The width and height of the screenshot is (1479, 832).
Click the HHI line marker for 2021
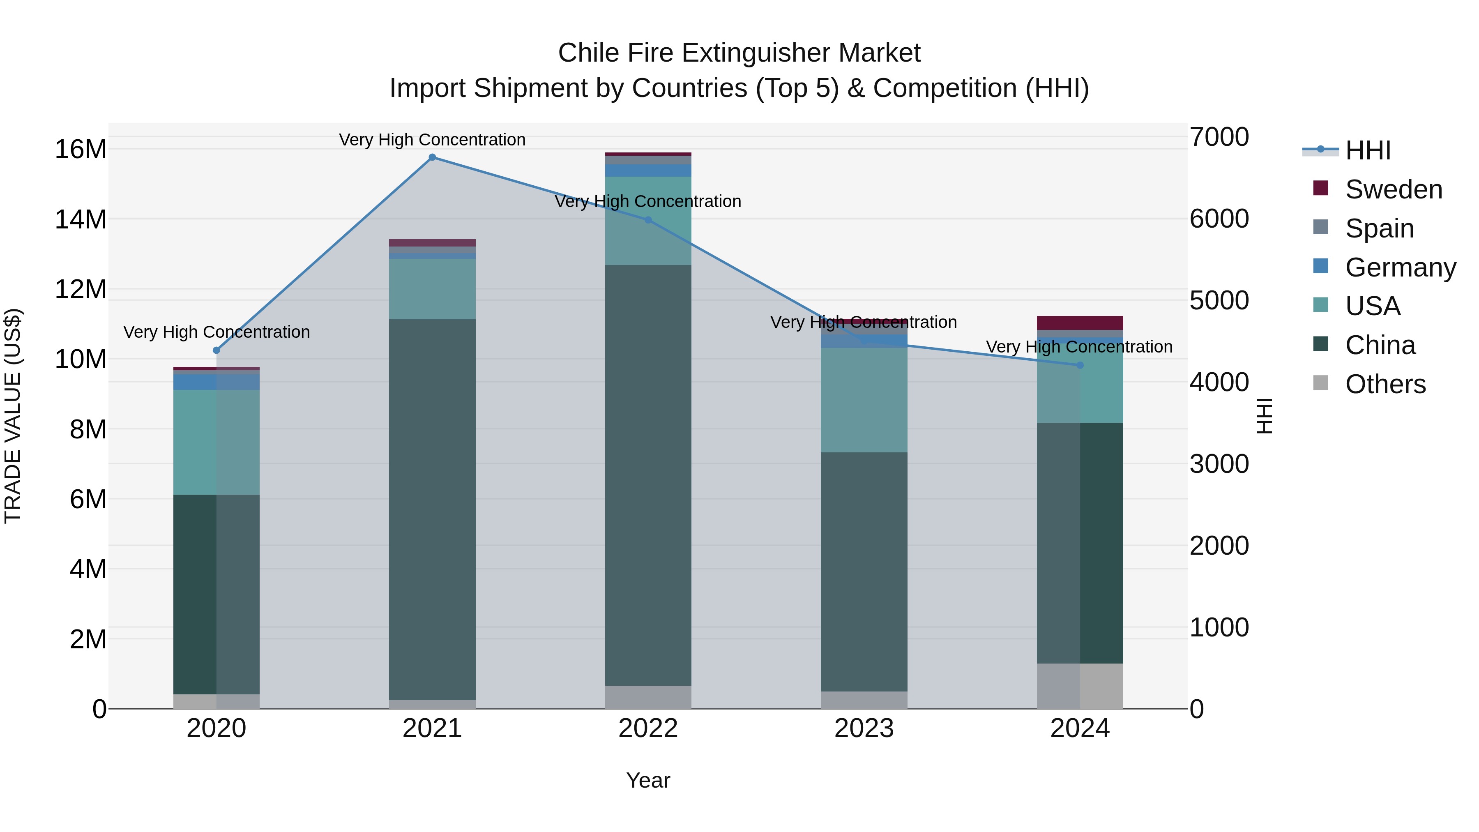tap(432, 157)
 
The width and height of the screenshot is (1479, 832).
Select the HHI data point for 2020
tap(217, 350)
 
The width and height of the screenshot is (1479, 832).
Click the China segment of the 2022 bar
tap(648, 475)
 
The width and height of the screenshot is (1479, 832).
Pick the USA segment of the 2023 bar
tap(864, 400)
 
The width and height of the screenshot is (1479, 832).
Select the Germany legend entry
tap(1400, 267)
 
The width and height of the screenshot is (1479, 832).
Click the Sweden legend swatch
tap(1320, 188)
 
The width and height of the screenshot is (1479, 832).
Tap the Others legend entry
tap(1385, 384)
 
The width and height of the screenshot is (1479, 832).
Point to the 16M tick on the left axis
tap(81, 149)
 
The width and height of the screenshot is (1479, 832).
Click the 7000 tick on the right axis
tap(1219, 137)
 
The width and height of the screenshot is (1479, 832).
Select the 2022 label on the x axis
tap(648, 728)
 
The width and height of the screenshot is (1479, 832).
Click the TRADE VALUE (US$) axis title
tap(13, 416)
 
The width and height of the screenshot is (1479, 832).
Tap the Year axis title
tap(648, 780)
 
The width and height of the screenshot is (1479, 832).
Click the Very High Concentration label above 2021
tap(432, 140)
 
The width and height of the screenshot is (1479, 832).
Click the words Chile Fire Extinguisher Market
tap(739, 53)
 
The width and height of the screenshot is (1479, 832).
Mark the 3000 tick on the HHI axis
tap(1219, 464)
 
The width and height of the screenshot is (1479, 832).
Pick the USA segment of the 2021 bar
tap(432, 289)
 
